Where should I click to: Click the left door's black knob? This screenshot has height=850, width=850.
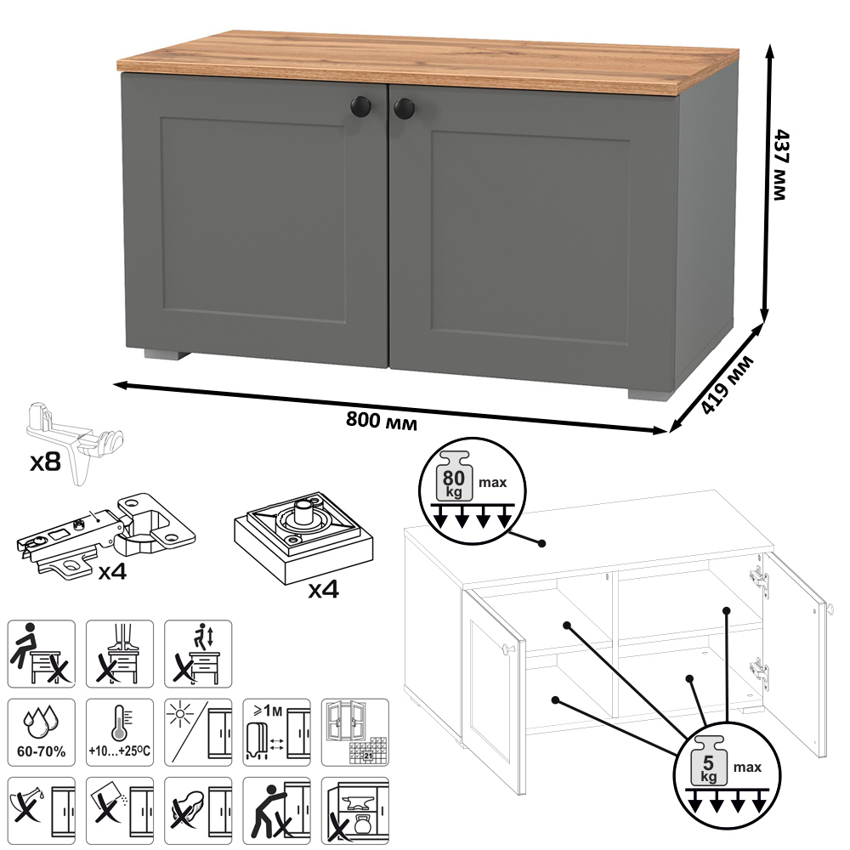point(362,105)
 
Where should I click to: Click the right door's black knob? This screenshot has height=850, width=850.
point(404,109)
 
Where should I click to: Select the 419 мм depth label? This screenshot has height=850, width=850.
point(727,385)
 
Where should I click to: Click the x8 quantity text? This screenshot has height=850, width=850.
point(45,462)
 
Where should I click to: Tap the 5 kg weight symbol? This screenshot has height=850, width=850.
point(708,761)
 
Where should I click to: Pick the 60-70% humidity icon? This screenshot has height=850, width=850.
point(41,732)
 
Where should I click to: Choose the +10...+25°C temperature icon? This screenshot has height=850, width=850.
point(120,732)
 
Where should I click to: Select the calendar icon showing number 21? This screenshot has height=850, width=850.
point(355,732)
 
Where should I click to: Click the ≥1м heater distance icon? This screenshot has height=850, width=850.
point(276,732)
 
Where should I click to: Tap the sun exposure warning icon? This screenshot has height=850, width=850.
point(198,732)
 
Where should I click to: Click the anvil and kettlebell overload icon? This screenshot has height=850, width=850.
point(355,810)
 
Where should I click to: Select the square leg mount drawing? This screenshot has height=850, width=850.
point(303,537)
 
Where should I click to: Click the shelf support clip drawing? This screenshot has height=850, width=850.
point(75,441)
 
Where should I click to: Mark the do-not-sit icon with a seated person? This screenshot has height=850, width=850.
point(41,654)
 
